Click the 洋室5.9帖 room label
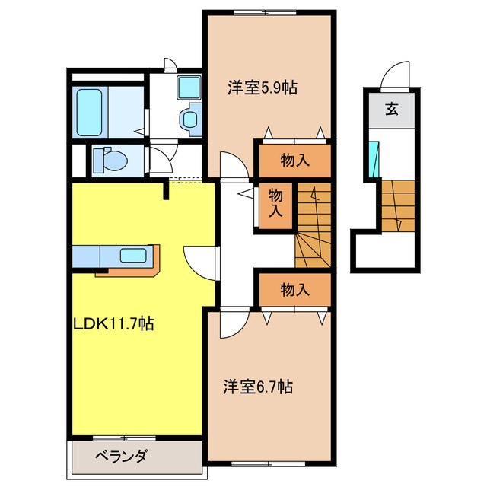(x=261, y=88)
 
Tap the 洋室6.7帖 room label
(x=258, y=387)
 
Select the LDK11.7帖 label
(x=114, y=323)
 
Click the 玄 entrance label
(x=390, y=109)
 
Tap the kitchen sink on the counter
(x=133, y=255)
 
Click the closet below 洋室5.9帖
(x=294, y=160)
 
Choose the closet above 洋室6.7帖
(x=294, y=289)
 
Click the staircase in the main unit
(x=313, y=227)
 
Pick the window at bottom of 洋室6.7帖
(x=270, y=461)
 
